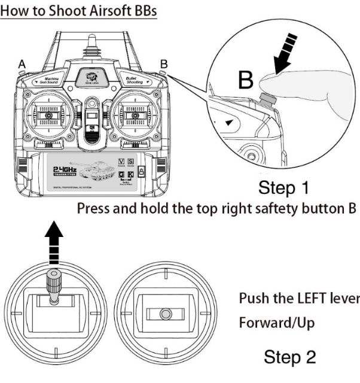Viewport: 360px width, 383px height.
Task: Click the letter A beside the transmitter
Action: coord(22,63)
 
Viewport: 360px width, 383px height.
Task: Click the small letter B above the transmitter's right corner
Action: coord(164,63)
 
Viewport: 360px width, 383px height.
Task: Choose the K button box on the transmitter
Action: coord(130,174)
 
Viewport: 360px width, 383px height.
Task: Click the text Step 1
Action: coord(284,189)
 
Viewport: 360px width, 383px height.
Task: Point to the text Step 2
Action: coord(290,358)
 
